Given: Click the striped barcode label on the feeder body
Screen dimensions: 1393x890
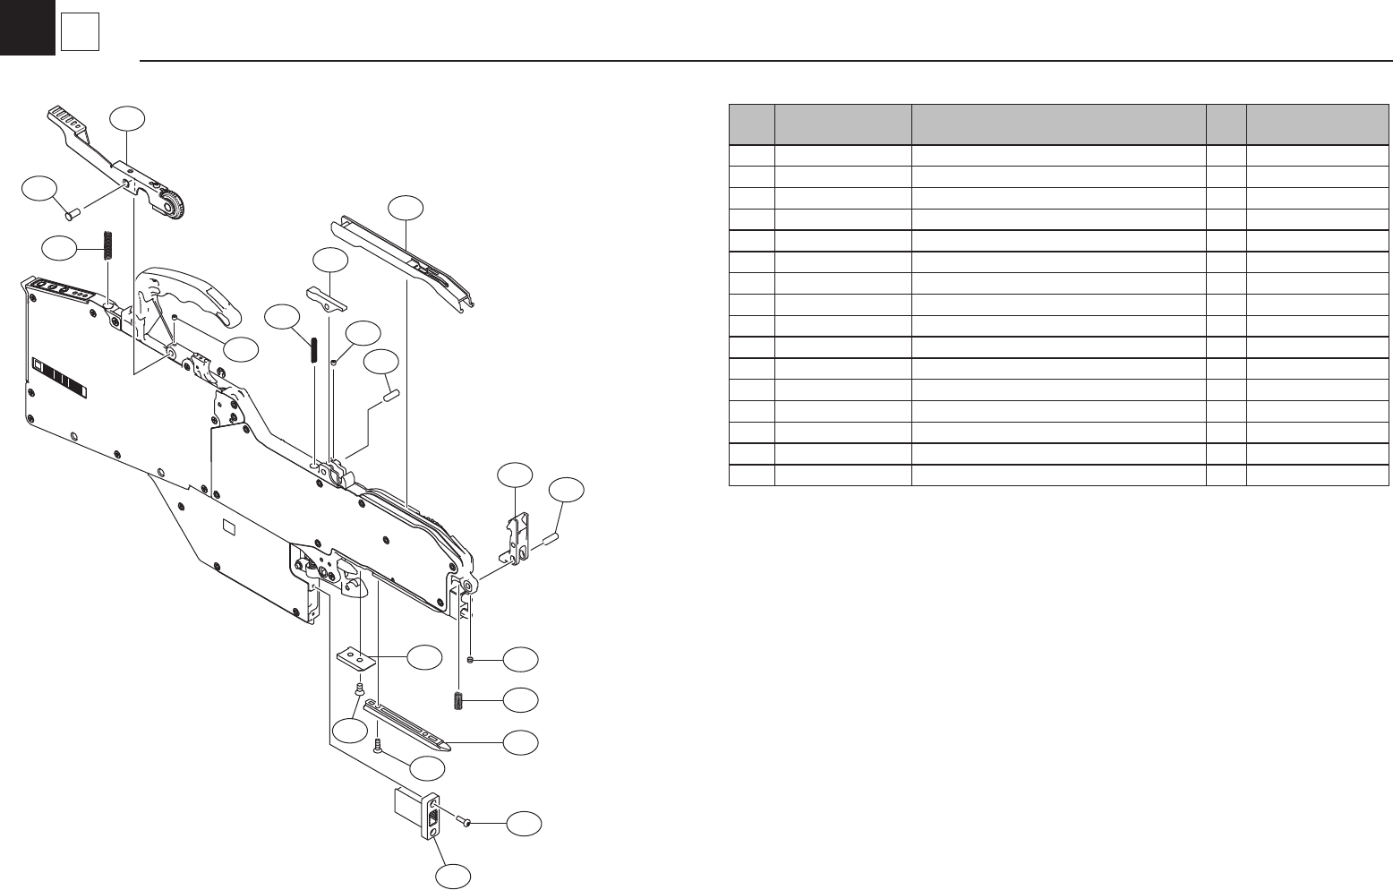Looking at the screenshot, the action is pyautogui.click(x=61, y=375).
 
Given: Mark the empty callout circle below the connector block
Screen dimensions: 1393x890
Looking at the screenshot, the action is pyautogui.click(x=454, y=877).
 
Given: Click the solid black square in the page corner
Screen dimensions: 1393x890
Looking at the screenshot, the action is pyautogui.click(x=27, y=27).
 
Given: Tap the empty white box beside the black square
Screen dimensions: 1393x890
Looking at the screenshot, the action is pyautogui.click(x=80, y=34).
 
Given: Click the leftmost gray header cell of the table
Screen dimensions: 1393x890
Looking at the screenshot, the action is pyautogui.click(x=751, y=124).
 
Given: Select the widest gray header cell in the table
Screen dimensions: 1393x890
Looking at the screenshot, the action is pyautogui.click(x=1058, y=124).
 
